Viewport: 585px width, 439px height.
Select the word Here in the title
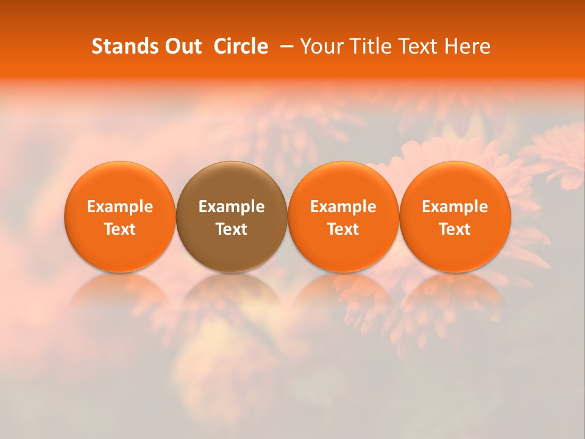(467, 46)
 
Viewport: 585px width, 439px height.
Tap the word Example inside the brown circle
(232, 207)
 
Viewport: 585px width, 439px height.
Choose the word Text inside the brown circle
(232, 229)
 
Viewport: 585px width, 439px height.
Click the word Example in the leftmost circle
(120, 207)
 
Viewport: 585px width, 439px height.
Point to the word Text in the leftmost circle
(120, 229)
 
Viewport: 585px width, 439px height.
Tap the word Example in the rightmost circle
(455, 207)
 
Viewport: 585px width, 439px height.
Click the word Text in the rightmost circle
(455, 229)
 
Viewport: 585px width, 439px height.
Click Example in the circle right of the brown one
(344, 207)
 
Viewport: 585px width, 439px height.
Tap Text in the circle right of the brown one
(344, 229)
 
